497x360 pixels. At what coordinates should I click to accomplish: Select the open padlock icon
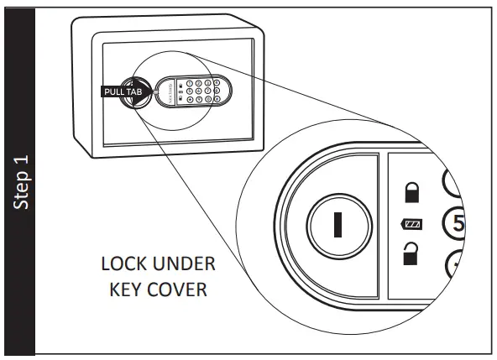pos(412,253)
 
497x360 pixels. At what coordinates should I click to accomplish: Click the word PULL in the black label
pos(112,91)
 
